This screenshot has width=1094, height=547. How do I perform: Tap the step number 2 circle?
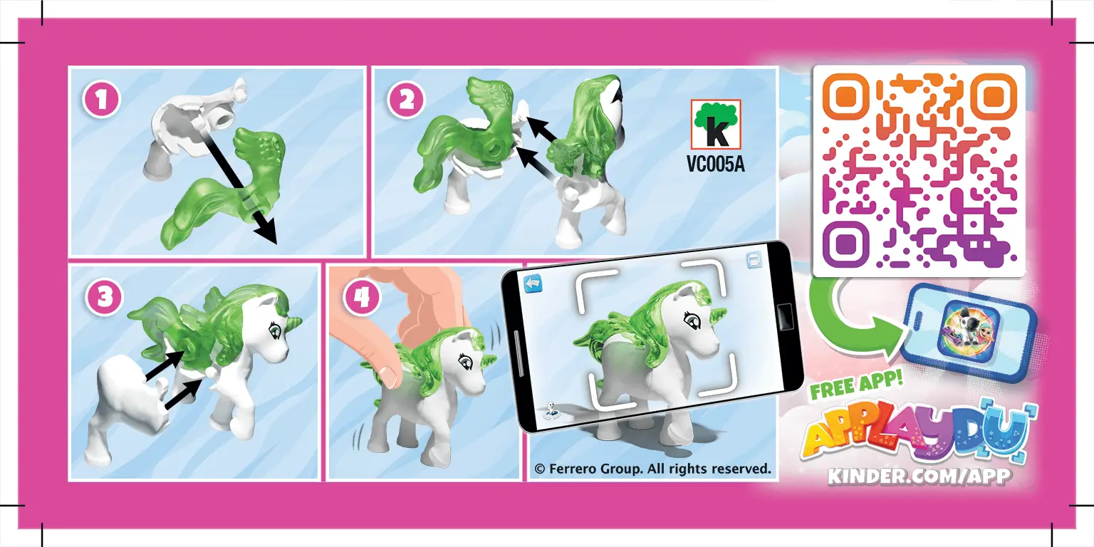click(407, 100)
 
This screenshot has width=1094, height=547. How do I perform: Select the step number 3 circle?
click(105, 297)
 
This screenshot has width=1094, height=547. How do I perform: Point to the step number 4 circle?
click(362, 297)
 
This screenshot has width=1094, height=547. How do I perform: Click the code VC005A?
click(716, 165)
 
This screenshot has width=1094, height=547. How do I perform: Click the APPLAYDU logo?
click(918, 435)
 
